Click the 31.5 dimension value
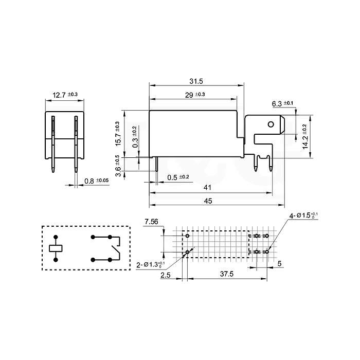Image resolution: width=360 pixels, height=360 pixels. tap(196, 81)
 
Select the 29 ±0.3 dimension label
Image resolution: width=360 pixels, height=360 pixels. tap(195, 95)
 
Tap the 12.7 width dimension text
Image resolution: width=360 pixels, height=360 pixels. tap(65, 95)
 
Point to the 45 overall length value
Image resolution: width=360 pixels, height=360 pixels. tap(208, 201)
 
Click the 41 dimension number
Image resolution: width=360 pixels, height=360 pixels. tap(207, 188)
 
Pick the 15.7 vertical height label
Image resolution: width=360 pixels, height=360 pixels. tap(118, 134)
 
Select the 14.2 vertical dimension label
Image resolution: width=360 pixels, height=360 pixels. tap(304, 137)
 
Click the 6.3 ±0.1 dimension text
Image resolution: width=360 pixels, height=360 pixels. tap(282, 103)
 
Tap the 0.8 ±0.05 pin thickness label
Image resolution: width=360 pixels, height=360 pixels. tap(97, 181)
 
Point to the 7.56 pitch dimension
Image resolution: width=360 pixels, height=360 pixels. tap(151, 222)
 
